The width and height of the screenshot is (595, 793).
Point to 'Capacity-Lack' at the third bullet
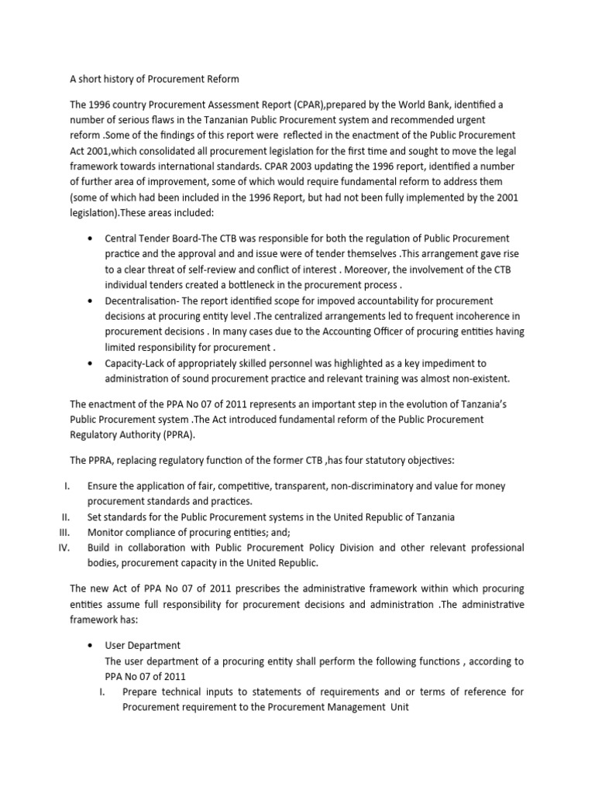tap(140, 362)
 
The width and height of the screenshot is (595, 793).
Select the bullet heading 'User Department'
tap(143, 645)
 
